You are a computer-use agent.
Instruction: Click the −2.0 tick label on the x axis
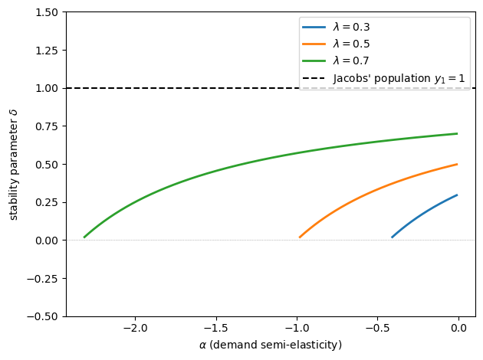(x=135, y=329)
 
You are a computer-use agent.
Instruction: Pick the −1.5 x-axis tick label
(x=215, y=329)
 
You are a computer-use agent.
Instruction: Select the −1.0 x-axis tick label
(x=297, y=329)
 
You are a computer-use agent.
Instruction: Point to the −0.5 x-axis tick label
(x=377, y=329)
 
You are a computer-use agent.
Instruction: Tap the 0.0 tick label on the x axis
(x=458, y=329)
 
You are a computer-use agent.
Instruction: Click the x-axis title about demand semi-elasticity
(x=271, y=345)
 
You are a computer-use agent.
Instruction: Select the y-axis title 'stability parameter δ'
(x=13, y=164)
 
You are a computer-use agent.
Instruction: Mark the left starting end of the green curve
(x=84, y=237)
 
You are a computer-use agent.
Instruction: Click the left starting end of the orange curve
(x=300, y=237)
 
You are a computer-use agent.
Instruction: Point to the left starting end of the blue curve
(x=393, y=237)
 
